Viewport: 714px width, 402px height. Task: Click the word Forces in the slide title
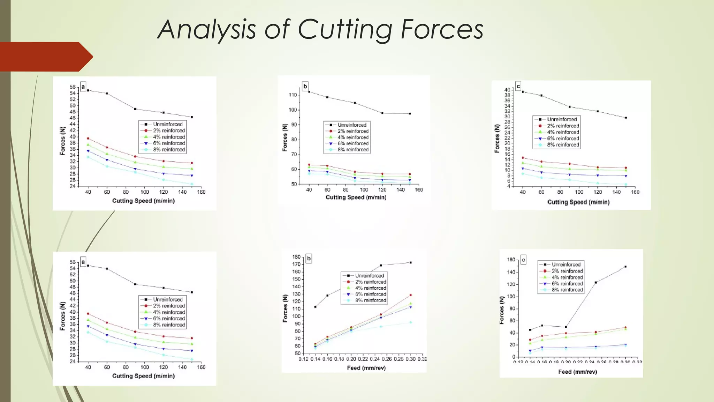coord(442,30)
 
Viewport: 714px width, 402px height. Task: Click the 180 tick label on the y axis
coord(296,257)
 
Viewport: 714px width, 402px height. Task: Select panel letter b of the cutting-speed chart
coord(305,86)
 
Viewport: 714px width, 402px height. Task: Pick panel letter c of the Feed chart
coord(523,260)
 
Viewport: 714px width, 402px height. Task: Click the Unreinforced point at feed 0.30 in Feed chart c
coord(625,267)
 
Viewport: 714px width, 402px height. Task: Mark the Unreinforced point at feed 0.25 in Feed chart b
coord(381,265)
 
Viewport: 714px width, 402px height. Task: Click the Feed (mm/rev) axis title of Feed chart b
coord(366,368)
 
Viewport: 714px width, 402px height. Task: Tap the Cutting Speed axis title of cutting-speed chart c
coord(578,202)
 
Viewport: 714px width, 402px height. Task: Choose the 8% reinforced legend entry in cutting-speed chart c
coord(563,145)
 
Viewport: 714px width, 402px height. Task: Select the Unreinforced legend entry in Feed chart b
coord(369,276)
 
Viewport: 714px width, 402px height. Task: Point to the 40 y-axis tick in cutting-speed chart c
coord(507,90)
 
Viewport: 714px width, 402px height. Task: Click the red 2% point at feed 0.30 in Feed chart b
coord(410,295)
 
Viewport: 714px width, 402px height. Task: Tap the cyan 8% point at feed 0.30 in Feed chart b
coord(410,322)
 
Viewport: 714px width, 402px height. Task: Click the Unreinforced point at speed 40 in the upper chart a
coord(88,90)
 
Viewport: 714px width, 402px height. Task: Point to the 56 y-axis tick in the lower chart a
coord(73,262)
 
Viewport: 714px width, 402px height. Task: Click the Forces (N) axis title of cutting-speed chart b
coord(285,137)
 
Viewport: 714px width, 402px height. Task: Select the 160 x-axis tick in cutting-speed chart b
coord(419,189)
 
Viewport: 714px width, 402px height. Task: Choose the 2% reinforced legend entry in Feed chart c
coord(567,271)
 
